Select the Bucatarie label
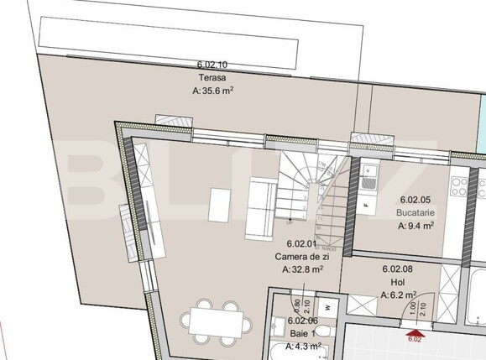click(x=415, y=212)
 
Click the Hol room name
click(x=394, y=283)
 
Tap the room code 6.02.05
click(x=415, y=200)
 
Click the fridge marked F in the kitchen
click(x=367, y=204)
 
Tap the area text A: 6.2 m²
click(x=399, y=295)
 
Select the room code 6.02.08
click(x=396, y=269)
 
